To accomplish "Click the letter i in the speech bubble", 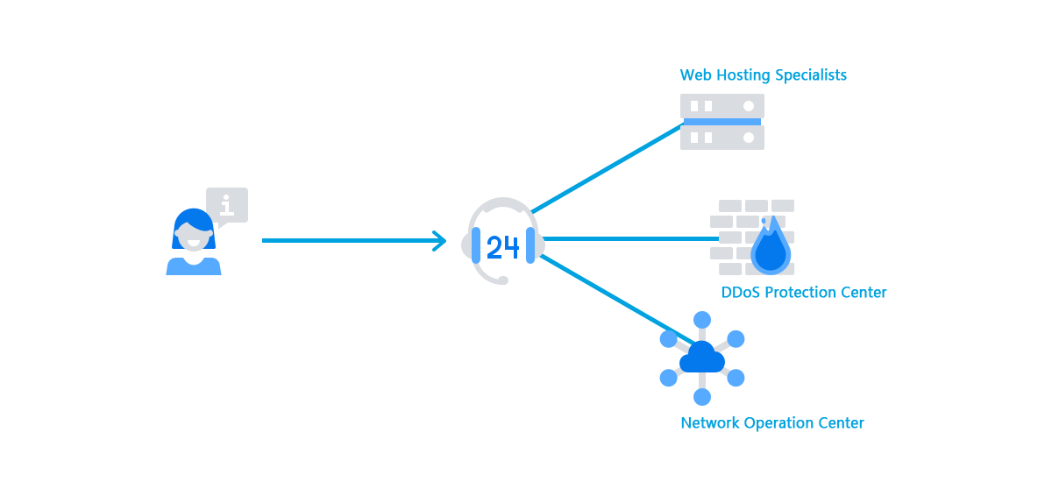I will pos(227,206).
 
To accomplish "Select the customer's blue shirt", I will pos(194,266).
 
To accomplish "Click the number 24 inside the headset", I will pos(502,248).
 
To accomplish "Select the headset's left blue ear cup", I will pos(476,245).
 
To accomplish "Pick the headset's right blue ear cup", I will pos(530,245).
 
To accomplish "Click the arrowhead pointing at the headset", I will pos(439,241).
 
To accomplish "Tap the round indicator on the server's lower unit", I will pos(749,138).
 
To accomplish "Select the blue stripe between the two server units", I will pos(722,122).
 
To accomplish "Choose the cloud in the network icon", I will pos(702,358).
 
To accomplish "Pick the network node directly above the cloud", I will pos(702,320).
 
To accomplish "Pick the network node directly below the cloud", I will pos(702,396).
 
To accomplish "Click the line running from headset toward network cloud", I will pos(610,298).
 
